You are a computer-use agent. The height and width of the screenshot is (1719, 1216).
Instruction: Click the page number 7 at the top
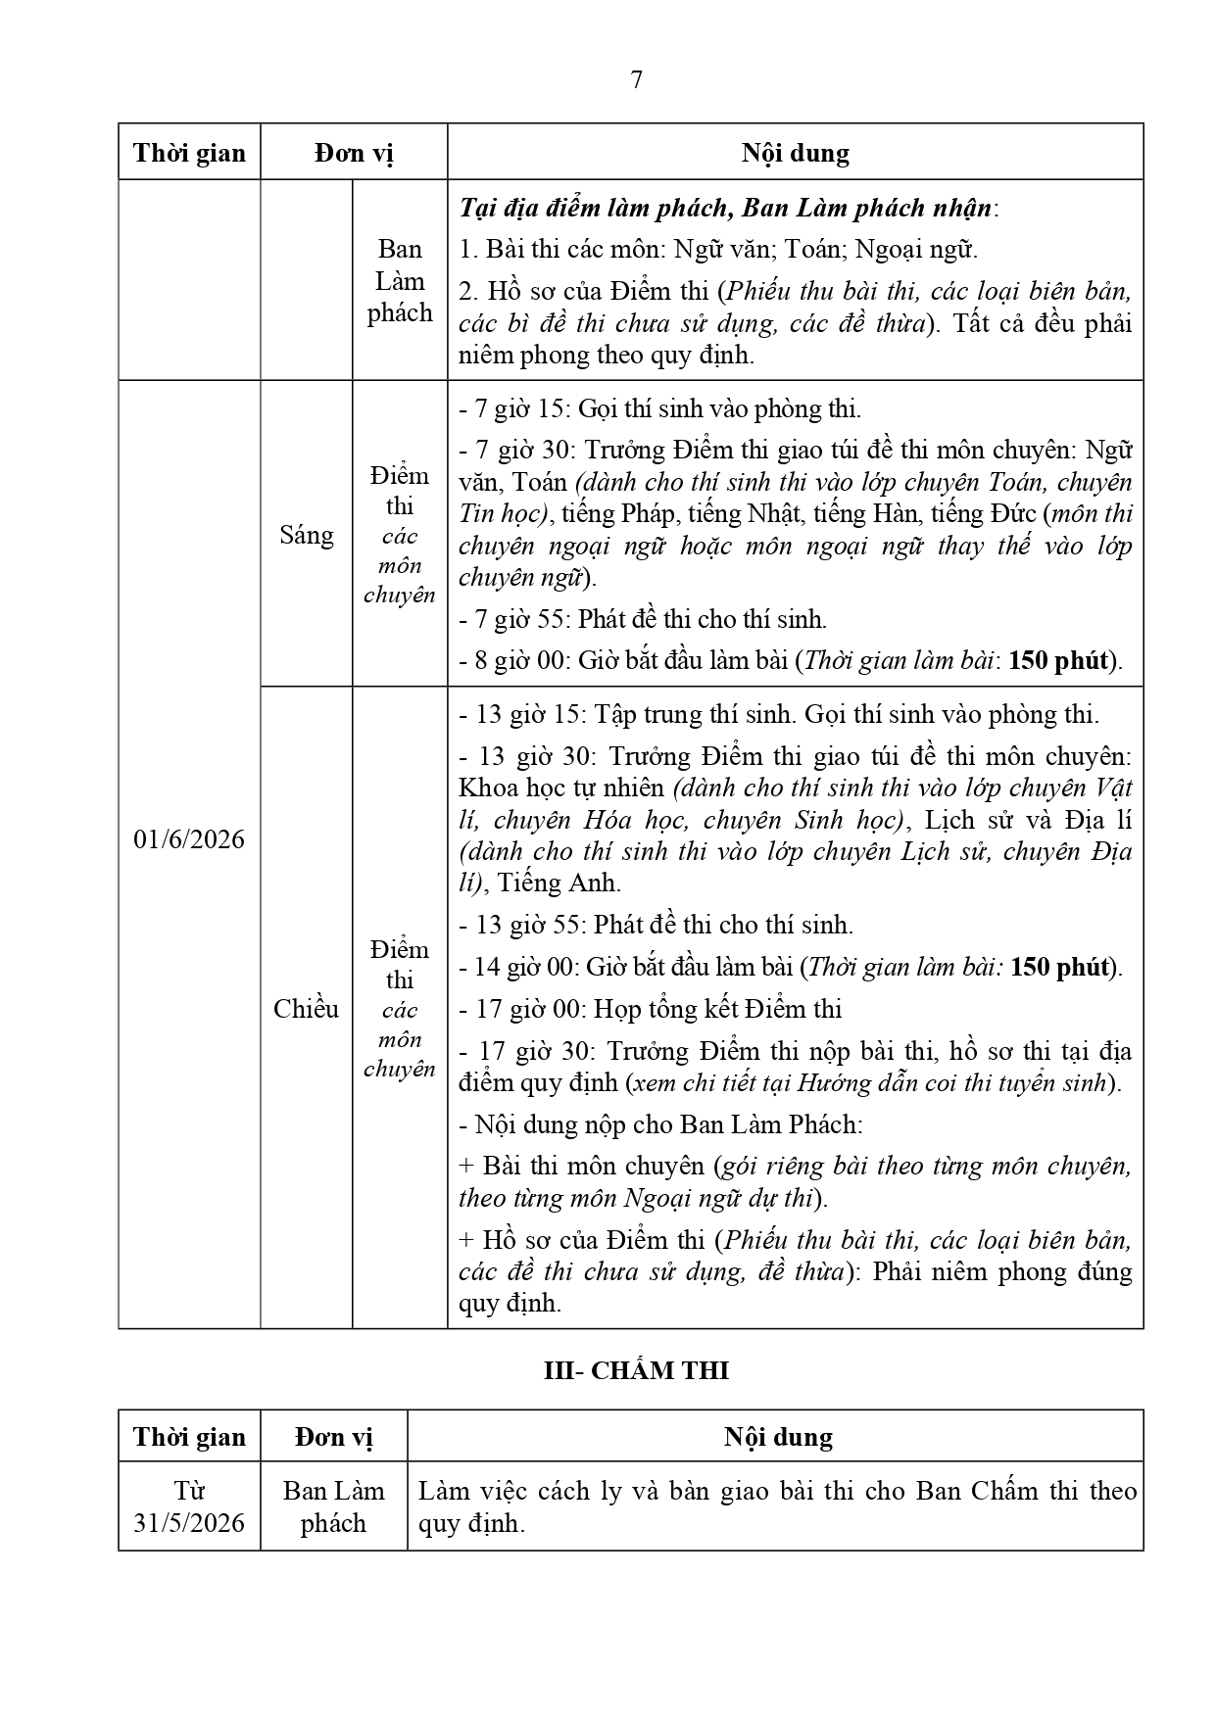coord(636,80)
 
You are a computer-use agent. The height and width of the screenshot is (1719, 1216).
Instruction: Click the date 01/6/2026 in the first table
coord(189,840)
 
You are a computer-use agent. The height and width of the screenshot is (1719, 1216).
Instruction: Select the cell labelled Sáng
coord(306,535)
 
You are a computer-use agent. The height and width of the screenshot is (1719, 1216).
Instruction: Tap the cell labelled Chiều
coord(306,1009)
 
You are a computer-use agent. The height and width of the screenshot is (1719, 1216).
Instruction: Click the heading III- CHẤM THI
coord(636,1370)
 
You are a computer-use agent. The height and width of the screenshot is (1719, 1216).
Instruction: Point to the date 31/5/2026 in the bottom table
coord(189,1523)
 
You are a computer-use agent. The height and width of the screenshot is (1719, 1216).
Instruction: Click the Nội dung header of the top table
coord(795,153)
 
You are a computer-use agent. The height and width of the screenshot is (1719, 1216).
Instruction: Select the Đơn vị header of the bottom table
coord(333,1437)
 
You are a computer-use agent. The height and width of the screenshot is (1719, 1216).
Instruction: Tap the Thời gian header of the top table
coord(189,153)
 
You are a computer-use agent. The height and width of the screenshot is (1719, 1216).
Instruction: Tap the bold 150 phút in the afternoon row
coord(1059,967)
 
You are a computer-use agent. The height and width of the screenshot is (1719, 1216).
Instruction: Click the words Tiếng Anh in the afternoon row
coord(558,883)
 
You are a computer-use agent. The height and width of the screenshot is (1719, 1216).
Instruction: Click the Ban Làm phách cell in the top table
coord(400,281)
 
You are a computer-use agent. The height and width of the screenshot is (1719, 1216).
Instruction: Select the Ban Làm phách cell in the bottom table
coord(333,1506)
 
